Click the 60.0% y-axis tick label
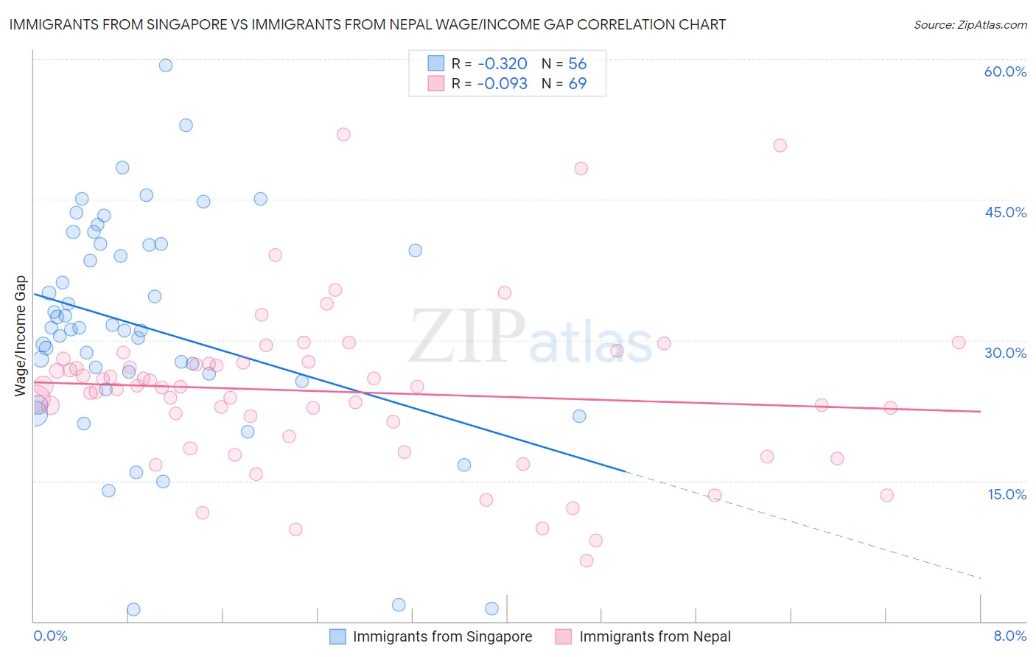tap(1005, 71)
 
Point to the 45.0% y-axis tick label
tap(1005, 212)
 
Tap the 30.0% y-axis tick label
tap(1005, 353)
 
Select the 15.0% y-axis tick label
tap(1007, 494)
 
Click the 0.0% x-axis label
tap(50, 636)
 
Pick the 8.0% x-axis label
tap(1009, 636)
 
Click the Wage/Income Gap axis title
tap(21, 336)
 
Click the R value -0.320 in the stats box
tap(503, 64)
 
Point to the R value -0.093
tap(503, 84)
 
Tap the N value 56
tap(577, 64)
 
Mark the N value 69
tap(577, 84)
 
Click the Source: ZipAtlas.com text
tap(970, 24)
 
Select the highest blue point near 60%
tap(166, 66)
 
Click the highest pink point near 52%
tap(343, 134)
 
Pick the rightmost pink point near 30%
tap(959, 342)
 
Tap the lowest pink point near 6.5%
tap(587, 561)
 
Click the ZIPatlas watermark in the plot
tap(531, 336)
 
